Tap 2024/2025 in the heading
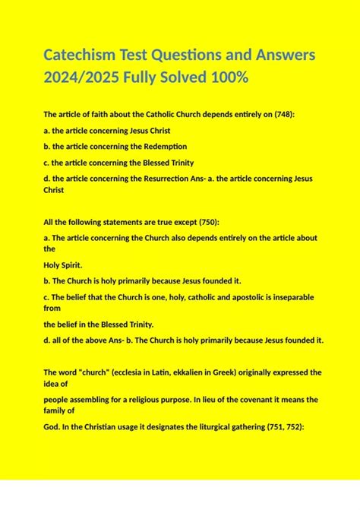[81, 78]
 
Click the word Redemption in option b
[161, 146]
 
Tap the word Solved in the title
[194, 78]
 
